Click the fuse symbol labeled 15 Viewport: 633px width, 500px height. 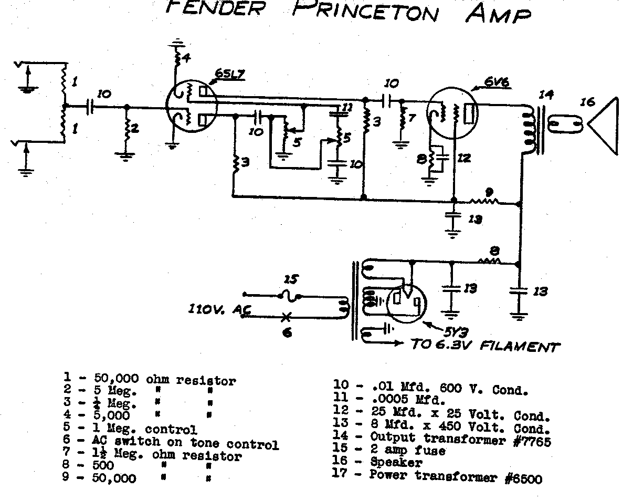tap(288, 296)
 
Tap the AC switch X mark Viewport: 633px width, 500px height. tap(287, 317)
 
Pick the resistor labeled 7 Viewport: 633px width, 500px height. tap(403, 119)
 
